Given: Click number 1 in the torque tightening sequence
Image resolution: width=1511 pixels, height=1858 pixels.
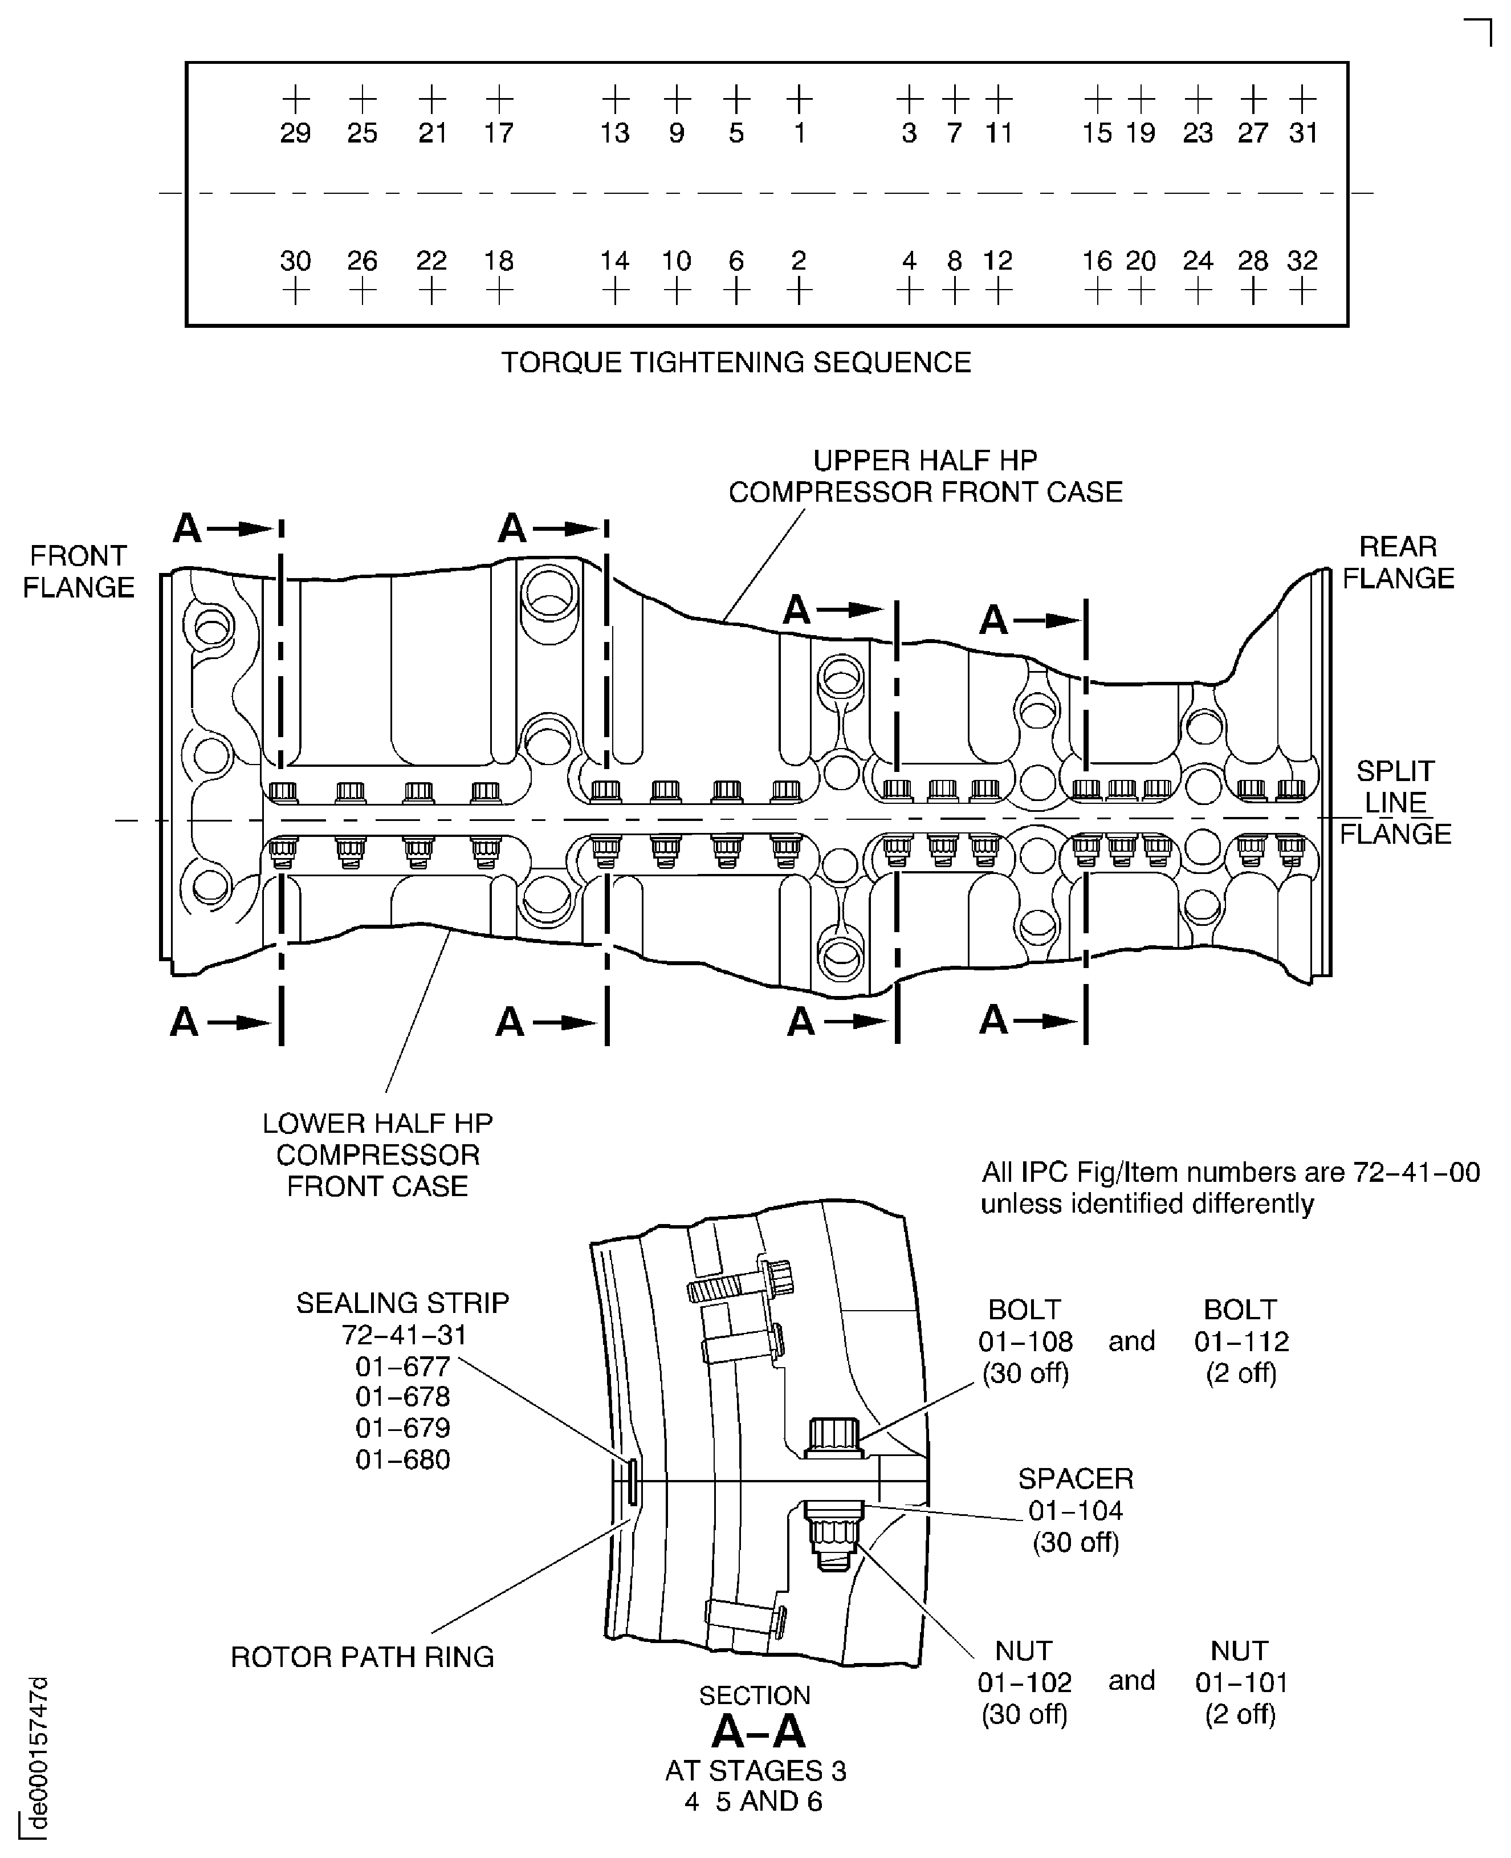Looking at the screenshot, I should (799, 133).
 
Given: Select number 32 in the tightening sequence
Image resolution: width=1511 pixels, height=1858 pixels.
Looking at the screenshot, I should (1302, 261).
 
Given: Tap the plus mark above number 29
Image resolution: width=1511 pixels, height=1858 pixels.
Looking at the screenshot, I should (296, 99).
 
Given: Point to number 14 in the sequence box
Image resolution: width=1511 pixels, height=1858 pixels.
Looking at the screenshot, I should (614, 261).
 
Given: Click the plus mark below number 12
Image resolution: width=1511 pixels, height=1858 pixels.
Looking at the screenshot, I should (999, 292).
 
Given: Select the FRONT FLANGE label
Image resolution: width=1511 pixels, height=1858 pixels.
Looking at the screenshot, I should (78, 571).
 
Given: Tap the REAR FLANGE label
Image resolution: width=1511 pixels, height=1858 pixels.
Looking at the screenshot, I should (1398, 563).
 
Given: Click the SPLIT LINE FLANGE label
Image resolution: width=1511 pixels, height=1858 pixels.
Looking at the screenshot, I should (1395, 802).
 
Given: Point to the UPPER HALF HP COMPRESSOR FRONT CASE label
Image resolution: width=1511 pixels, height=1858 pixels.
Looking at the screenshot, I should (924, 476).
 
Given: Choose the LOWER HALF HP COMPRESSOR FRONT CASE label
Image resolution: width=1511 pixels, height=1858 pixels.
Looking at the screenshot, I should (378, 1154).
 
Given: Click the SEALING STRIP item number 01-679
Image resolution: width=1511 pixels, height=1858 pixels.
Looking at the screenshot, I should (402, 1428).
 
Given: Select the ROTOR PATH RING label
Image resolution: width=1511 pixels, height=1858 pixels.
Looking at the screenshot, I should (362, 1657).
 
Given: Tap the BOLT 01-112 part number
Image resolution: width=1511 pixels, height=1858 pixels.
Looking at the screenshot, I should (1241, 1341).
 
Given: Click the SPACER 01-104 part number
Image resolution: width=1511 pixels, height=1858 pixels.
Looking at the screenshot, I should (1076, 1511).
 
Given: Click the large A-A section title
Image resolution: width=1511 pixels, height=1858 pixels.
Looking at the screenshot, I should (758, 1733).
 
